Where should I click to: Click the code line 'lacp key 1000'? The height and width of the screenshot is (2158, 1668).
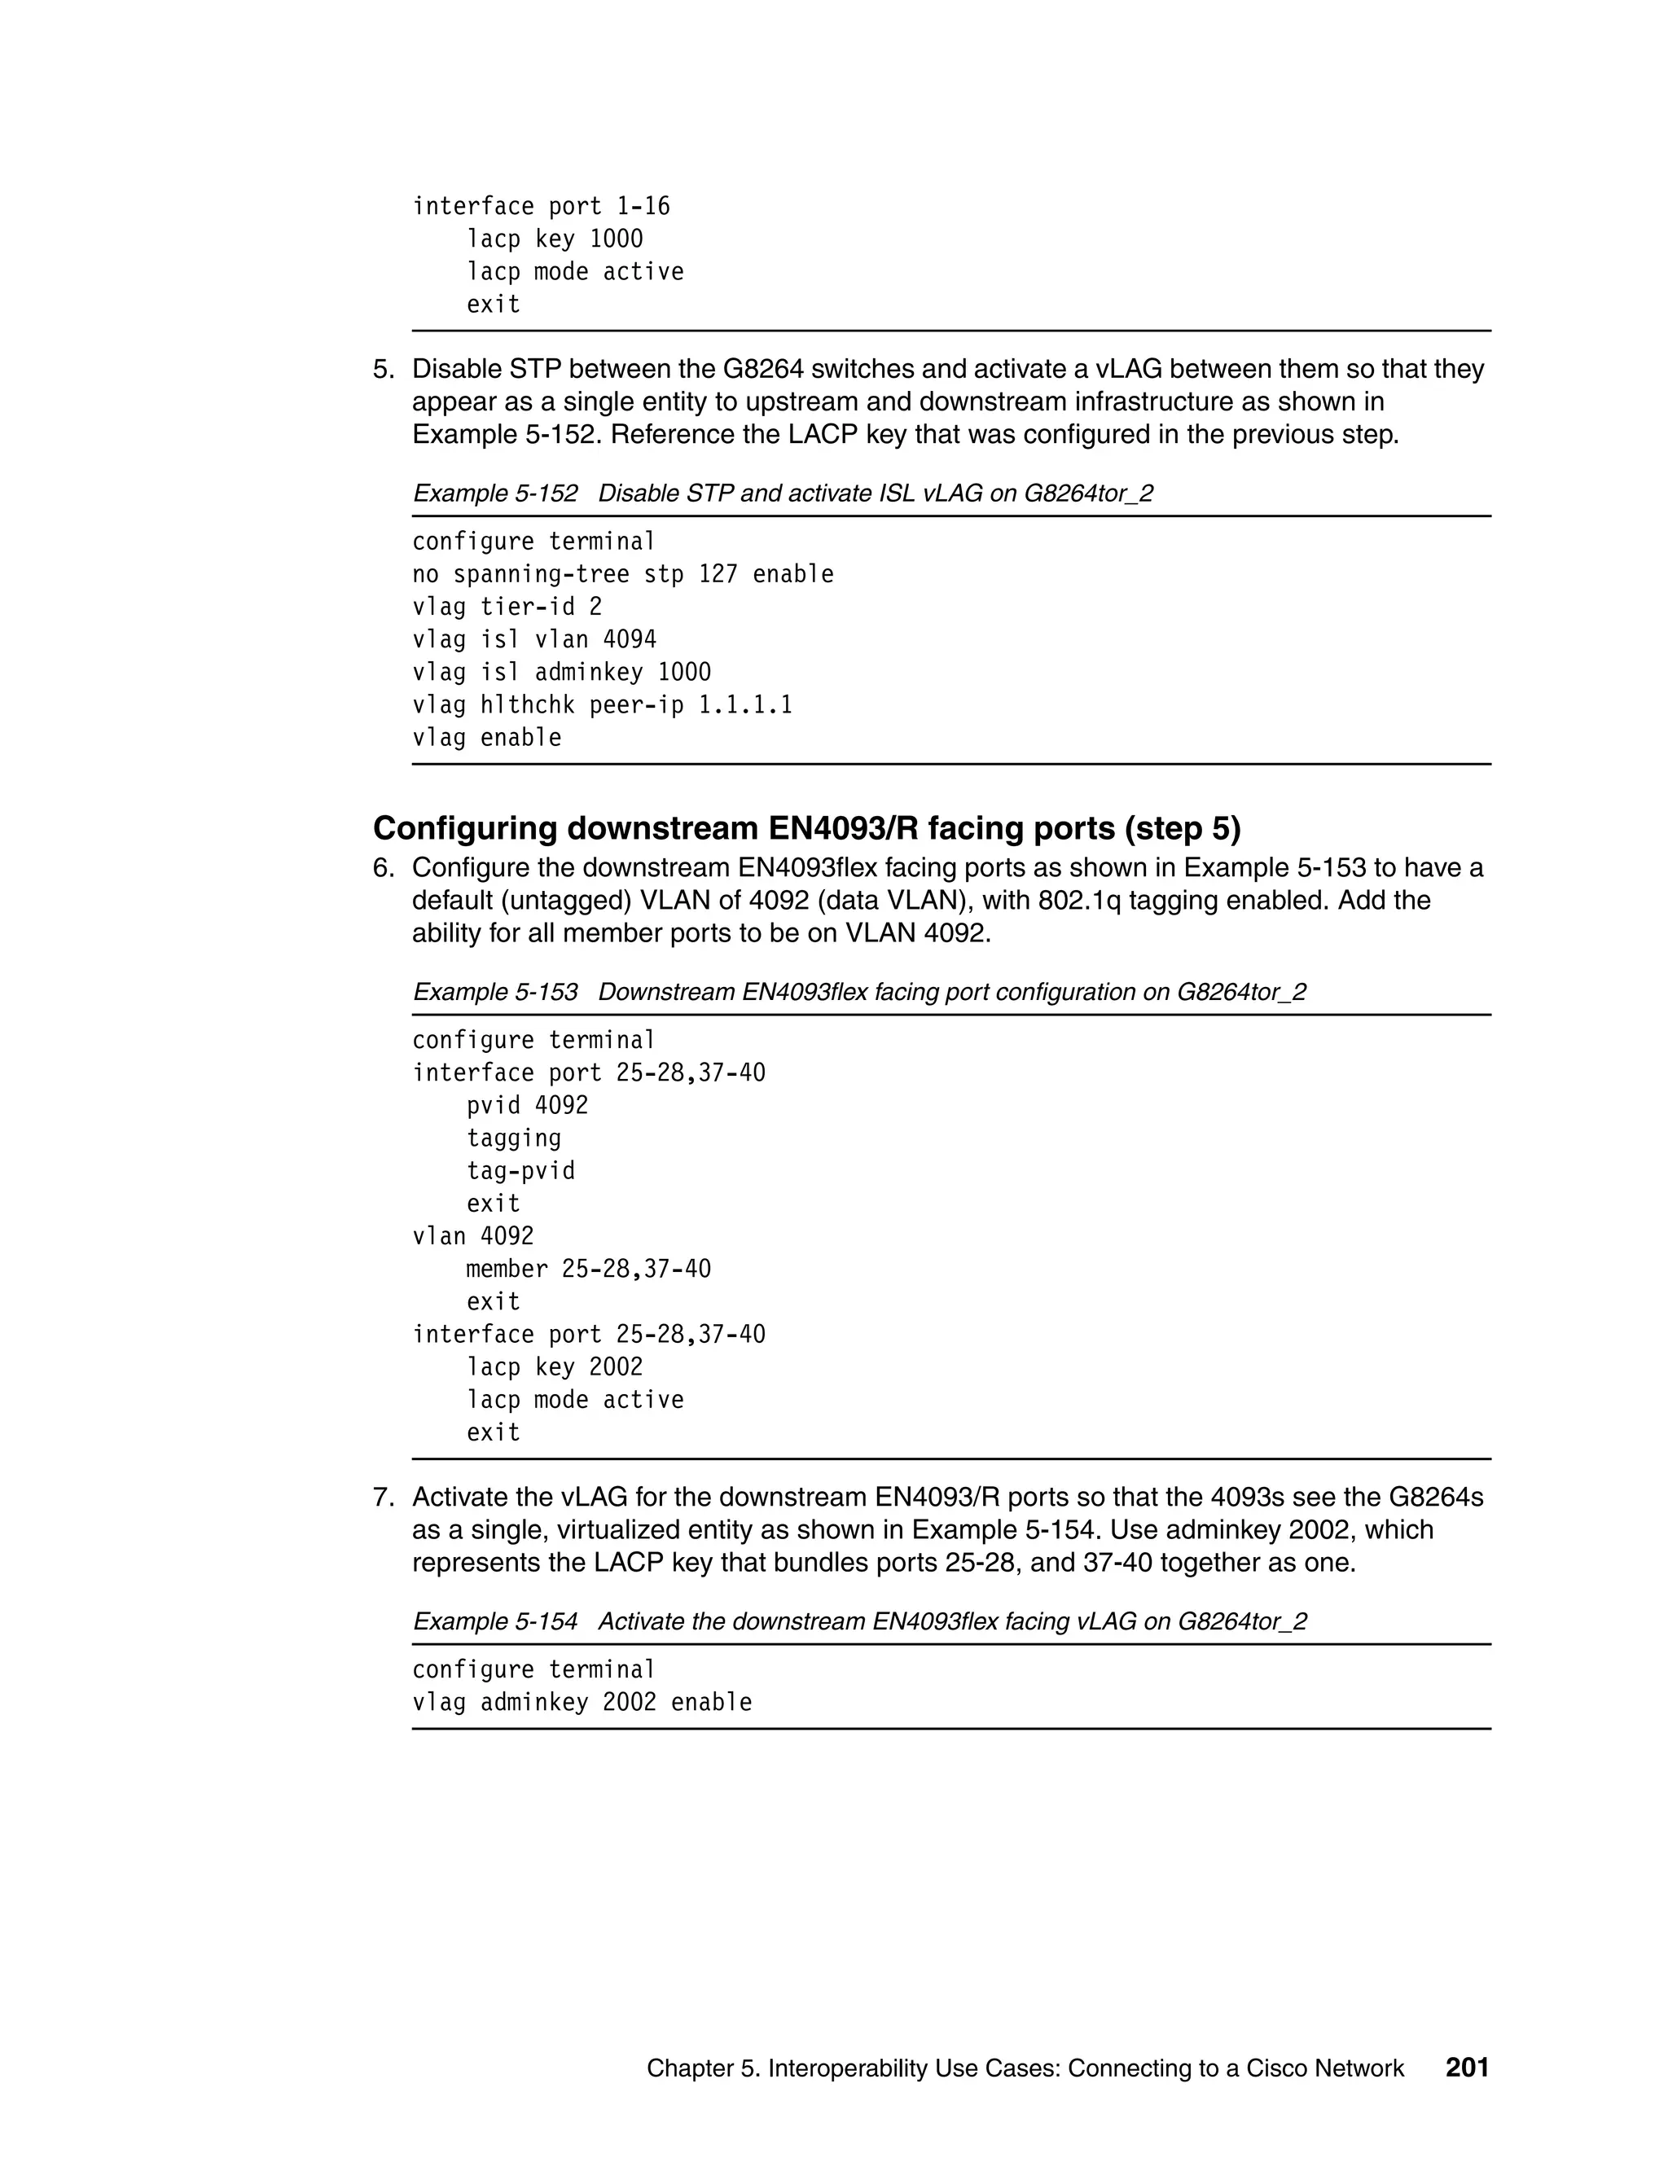point(555,239)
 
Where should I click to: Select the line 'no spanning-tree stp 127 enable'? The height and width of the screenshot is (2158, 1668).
point(622,574)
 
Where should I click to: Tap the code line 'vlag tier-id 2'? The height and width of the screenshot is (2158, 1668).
point(507,607)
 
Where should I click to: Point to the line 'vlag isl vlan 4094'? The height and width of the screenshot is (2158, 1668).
point(533,639)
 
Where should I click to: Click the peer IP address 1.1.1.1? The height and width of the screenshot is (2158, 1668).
point(745,704)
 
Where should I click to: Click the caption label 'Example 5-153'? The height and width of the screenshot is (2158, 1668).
point(495,992)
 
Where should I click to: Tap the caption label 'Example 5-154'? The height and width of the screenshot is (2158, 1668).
point(495,1621)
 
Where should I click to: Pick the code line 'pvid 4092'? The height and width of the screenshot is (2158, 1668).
point(527,1106)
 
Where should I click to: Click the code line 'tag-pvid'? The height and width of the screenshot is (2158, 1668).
point(520,1171)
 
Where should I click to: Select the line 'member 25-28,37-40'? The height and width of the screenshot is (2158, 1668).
point(588,1269)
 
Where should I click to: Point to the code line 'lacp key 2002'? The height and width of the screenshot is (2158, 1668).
point(555,1366)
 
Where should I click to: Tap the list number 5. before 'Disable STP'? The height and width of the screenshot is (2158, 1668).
point(384,370)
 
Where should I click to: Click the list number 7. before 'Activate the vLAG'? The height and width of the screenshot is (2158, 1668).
point(384,1497)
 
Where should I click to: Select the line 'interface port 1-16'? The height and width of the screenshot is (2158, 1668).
point(541,207)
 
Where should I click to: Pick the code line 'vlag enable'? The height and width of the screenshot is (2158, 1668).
point(486,737)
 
